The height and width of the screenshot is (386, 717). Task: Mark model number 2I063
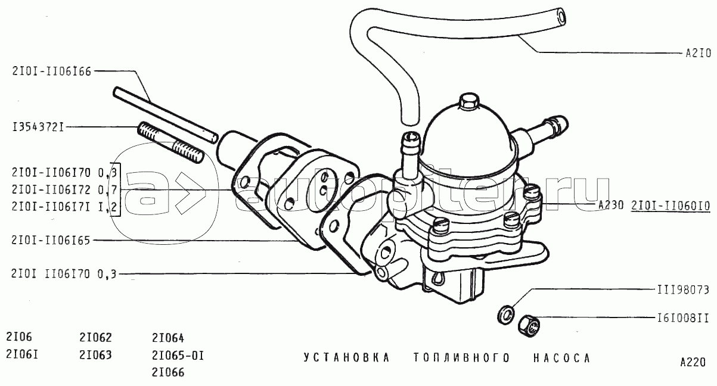tap(95, 355)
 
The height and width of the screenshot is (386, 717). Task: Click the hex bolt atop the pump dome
tap(467, 102)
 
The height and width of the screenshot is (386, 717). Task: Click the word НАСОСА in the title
tap(562, 358)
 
